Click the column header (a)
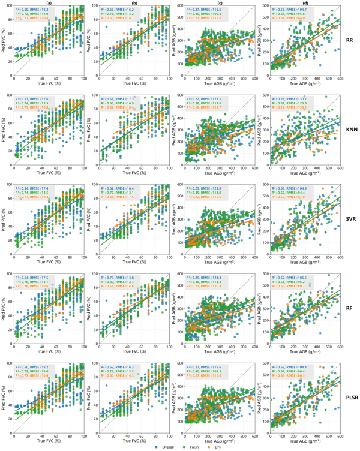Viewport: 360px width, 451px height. coord(49,4)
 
